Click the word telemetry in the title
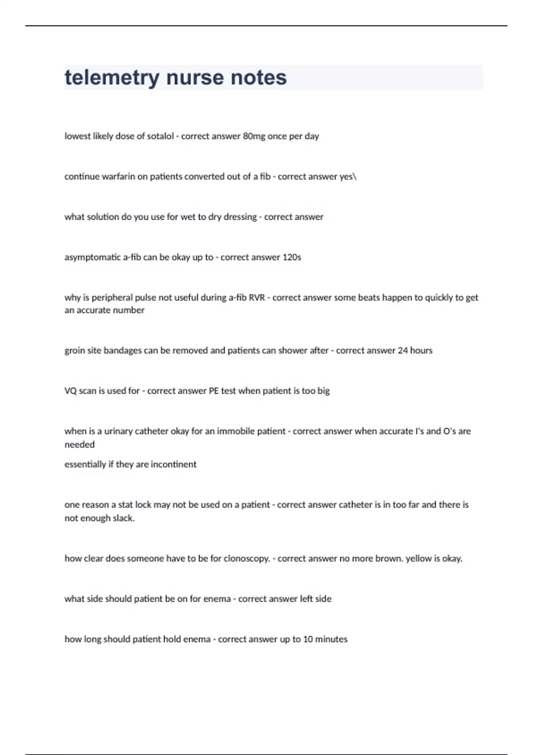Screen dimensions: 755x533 click(x=112, y=78)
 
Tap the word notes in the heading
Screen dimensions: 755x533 click(x=263, y=78)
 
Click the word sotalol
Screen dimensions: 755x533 click(x=160, y=136)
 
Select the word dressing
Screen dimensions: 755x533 click(x=240, y=217)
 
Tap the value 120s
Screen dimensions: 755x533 click(x=292, y=258)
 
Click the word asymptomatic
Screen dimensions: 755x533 click(x=92, y=258)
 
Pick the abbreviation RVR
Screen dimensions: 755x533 click(x=257, y=298)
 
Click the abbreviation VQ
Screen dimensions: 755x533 click(x=71, y=391)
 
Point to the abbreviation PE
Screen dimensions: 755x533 click(x=214, y=391)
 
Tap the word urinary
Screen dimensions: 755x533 click(x=118, y=431)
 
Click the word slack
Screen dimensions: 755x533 click(x=123, y=518)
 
